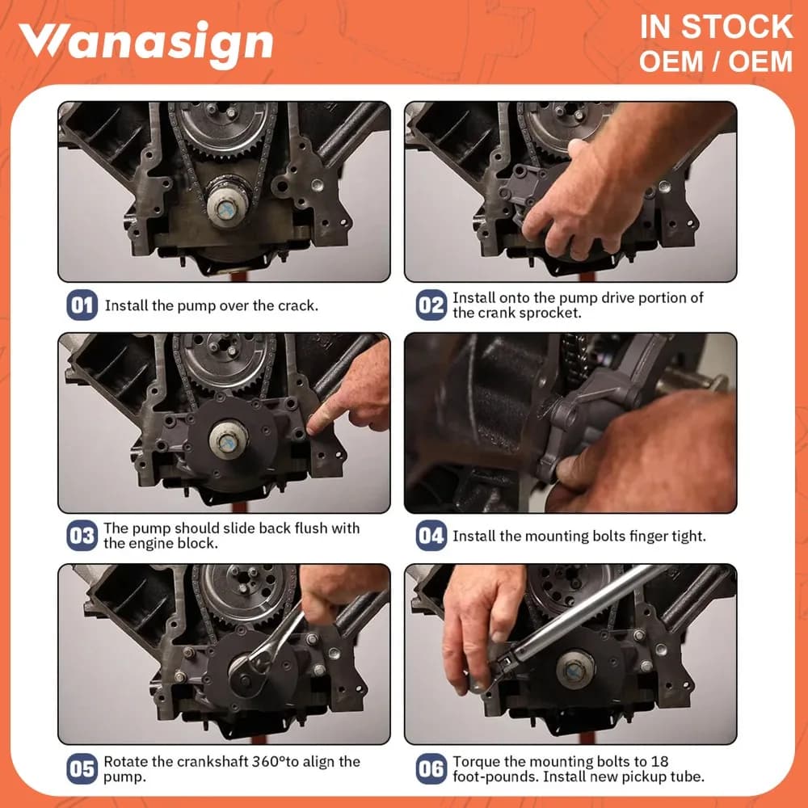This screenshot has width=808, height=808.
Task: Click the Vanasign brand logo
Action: pos(145,44)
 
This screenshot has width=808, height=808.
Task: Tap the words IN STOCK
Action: pos(716,27)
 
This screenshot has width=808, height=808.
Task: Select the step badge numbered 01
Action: pos(82,305)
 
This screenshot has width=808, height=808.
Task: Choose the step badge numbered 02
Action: pos(431,305)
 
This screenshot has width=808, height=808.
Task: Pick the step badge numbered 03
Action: pos(82,536)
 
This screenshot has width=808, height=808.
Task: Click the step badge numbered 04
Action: pos(431,536)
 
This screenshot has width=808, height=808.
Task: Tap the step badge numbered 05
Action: pos(82,769)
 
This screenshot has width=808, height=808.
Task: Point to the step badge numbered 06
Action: pos(431,769)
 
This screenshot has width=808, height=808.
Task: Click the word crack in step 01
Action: pos(297,305)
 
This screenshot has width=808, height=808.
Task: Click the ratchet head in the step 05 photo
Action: pos(256,661)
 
